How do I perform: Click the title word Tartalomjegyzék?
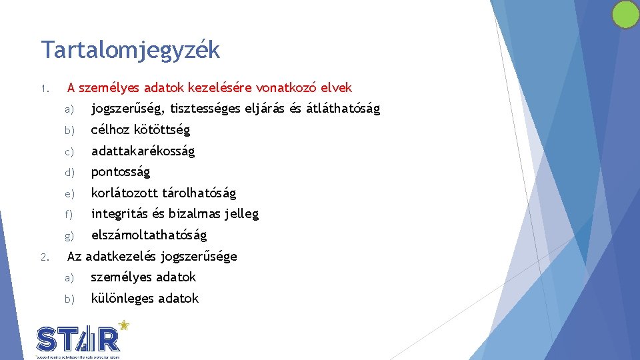(130, 50)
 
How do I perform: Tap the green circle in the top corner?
(625, 15)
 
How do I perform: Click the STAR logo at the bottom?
(79, 339)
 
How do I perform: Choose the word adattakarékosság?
(143, 151)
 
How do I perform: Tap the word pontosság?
(121, 171)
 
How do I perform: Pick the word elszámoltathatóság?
(149, 235)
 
